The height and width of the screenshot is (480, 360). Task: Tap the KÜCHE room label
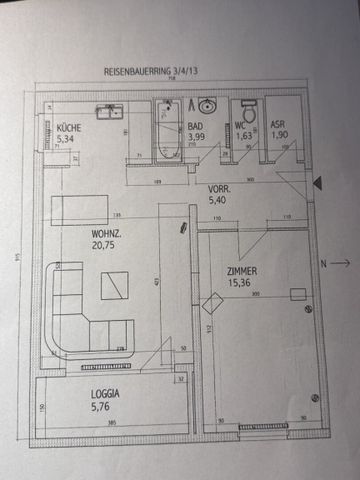pos(69,128)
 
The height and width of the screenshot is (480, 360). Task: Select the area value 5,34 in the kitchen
pos(66,139)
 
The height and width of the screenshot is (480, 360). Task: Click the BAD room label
pos(196,126)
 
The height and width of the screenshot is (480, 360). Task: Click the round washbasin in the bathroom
pos(207,106)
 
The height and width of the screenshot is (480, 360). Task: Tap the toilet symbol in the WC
pos(249,110)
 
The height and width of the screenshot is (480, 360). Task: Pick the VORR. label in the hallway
pos(219,188)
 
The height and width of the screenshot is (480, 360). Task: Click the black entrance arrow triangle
pos(317,182)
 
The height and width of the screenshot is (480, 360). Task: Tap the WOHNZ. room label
pos(80,233)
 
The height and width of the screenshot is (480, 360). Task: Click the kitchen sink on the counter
pos(109,111)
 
